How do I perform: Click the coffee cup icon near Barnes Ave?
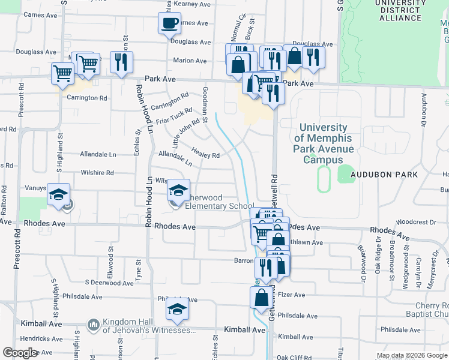click(169, 24)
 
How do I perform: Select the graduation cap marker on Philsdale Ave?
click(178, 310)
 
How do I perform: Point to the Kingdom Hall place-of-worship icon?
click(93, 325)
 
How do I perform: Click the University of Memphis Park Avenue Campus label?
click(322, 144)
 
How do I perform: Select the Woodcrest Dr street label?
click(416, 222)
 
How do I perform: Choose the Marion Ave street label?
click(190, 61)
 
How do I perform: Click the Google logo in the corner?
click(20, 353)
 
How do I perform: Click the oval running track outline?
click(324, 179)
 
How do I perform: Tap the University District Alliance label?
click(400, 11)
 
